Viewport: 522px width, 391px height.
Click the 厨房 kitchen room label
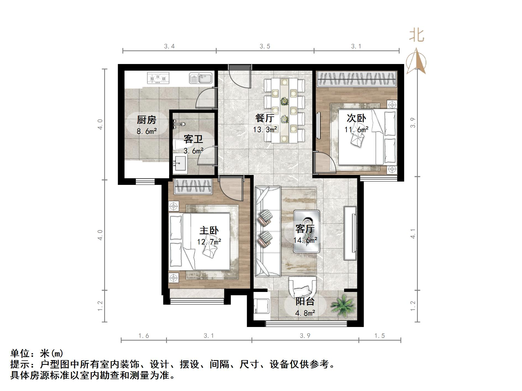[146, 120]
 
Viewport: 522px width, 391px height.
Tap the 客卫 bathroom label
[193, 139]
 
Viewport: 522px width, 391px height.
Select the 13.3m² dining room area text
[265, 129]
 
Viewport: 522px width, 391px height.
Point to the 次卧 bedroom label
[356, 118]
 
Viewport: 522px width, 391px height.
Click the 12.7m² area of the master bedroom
[209, 242]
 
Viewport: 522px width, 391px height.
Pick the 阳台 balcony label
[305, 301]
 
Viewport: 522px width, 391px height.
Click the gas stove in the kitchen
[158, 78]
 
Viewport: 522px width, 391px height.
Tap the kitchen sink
[201, 78]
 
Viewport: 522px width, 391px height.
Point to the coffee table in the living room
[307, 232]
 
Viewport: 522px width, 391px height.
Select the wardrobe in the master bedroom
[193, 187]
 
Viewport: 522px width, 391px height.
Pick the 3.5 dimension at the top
[265, 46]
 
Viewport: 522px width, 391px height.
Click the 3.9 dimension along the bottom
[305, 336]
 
